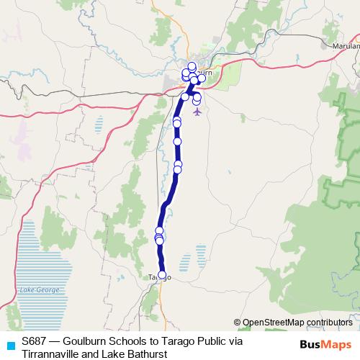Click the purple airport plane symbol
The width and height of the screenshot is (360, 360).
pyautogui.click(x=198, y=112)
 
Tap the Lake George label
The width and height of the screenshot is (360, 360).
pyautogui.click(x=37, y=289)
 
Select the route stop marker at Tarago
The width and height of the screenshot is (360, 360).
pyautogui.click(x=162, y=274)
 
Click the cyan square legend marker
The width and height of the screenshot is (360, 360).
pyautogui.click(x=9, y=344)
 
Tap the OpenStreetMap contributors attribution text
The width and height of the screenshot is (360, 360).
pyautogui.click(x=297, y=323)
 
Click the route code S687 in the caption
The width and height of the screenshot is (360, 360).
pyautogui.click(x=35, y=341)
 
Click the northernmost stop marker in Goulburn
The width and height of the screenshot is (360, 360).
pyautogui.click(x=192, y=66)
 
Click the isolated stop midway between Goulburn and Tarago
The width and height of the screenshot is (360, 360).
pyautogui.click(x=177, y=141)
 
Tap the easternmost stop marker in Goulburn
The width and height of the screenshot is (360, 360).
pyautogui.click(x=202, y=78)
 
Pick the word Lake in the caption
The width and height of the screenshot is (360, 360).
pyautogui.click(x=111, y=354)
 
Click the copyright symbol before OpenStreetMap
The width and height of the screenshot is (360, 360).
pyautogui.click(x=238, y=323)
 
